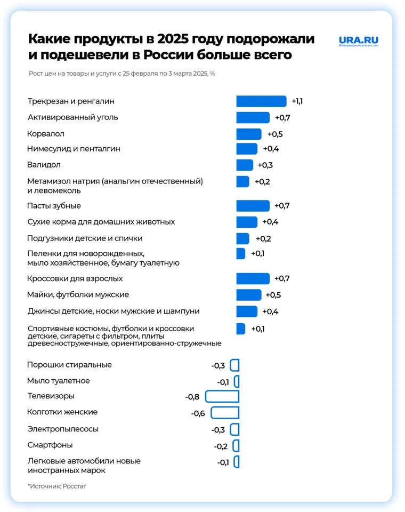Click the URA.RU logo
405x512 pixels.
click(x=358, y=41)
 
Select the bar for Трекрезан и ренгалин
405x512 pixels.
click(x=261, y=101)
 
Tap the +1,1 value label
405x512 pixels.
click(x=297, y=101)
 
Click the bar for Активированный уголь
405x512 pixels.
click(x=253, y=117)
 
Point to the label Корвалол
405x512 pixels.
click(x=45, y=133)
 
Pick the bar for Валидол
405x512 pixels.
click(x=245, y=165)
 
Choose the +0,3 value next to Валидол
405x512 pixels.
click(x=265, y=165)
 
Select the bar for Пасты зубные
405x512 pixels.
click(x=253, y=206)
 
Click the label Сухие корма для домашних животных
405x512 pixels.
click(x=101, y=222)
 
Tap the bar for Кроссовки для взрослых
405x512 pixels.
click(x=253, y=278)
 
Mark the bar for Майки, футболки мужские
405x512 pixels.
click(x=249, y=295)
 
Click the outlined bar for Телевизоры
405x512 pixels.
click(x=222, y=396)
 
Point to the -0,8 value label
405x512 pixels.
click(x=192, y=397)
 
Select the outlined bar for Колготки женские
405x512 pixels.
click(x=225, y=413)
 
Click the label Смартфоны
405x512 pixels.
click(x=50, y=445)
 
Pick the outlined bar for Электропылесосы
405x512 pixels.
click(x=234, y=429)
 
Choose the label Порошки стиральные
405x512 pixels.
click(x=69, y=365)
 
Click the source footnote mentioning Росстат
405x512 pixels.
click(x=56, y=486)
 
